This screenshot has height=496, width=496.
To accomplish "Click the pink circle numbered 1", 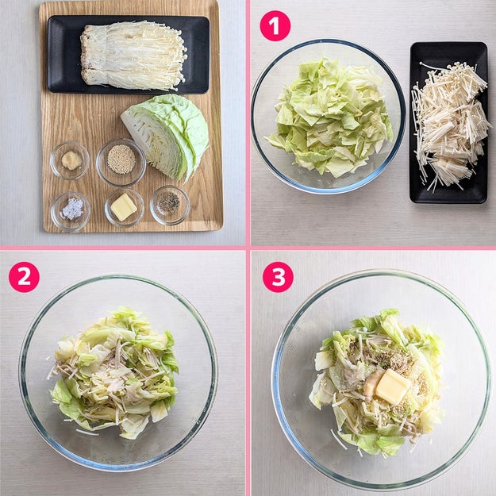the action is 275,25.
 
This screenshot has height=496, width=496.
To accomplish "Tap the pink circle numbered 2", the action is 24,277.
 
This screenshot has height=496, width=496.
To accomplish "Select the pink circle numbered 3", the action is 278,277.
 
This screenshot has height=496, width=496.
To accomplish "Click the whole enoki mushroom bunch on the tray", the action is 133,56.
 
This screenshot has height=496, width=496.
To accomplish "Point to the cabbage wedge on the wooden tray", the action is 166,136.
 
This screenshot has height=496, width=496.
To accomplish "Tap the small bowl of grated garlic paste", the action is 70,160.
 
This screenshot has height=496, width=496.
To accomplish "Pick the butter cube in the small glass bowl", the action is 123,207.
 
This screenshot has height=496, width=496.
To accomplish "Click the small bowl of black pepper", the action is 170,205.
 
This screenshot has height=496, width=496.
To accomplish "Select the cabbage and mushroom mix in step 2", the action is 113,373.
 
